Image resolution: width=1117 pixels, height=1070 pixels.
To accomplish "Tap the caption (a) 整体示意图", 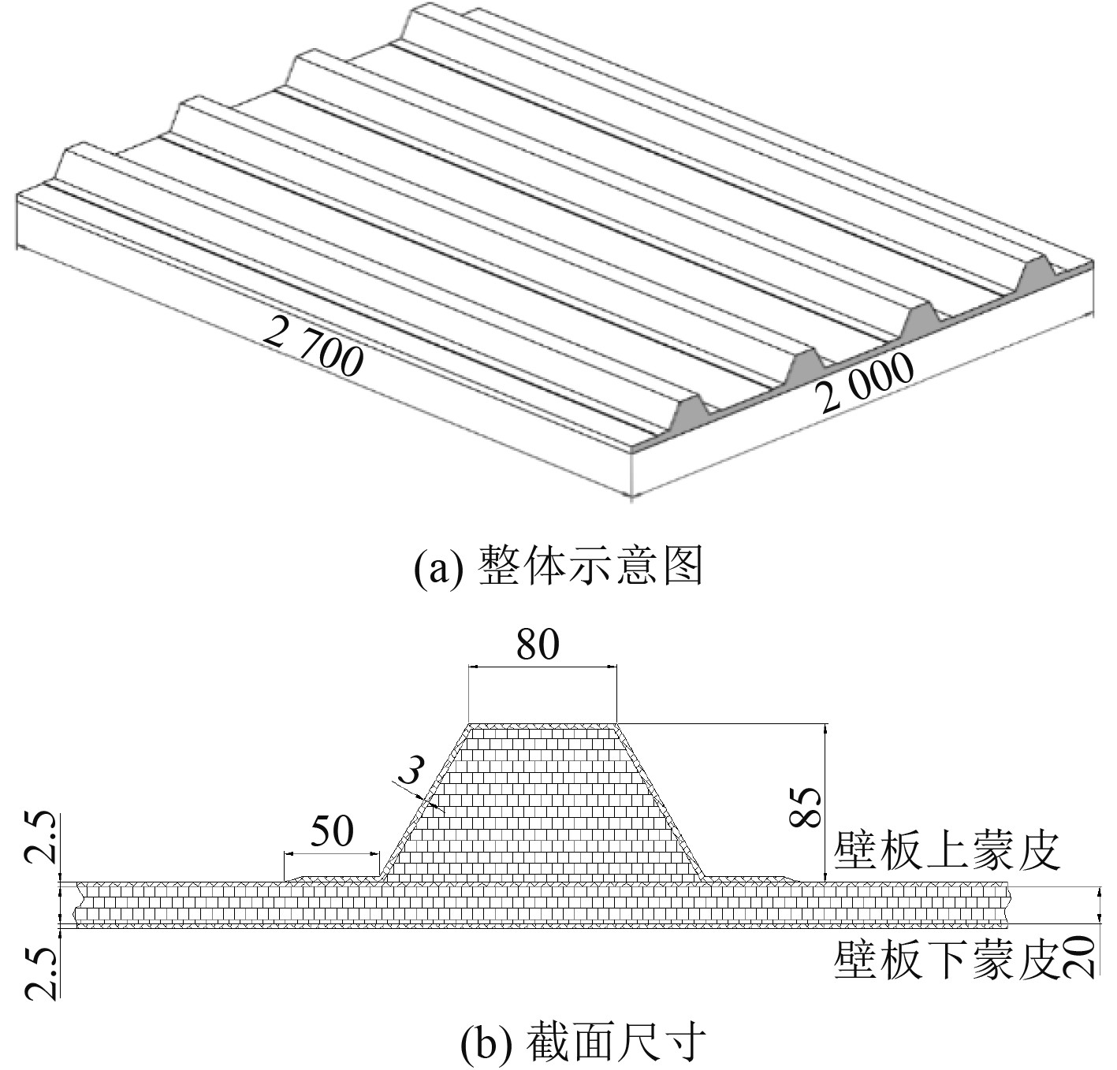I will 558,568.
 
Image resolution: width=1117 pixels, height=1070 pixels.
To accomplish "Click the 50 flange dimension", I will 332,832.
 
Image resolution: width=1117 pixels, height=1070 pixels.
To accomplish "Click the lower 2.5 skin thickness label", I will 42,974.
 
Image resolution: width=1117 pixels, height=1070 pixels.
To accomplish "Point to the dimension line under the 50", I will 332,853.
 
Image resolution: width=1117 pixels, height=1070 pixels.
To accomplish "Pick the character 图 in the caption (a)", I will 683,568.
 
